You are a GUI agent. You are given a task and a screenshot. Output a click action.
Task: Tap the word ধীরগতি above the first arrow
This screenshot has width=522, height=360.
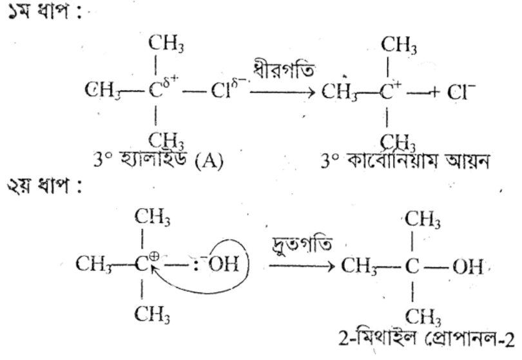click(284, 70)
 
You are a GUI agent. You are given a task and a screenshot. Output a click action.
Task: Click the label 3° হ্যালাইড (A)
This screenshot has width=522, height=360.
click(159, 161)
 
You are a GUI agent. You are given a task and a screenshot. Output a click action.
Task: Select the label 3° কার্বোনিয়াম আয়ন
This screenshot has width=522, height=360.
click(405, 161)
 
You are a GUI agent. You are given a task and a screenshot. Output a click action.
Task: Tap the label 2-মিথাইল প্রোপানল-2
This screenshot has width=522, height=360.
click(427, 339)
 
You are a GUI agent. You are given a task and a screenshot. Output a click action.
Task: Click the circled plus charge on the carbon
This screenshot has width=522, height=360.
click(154, 256)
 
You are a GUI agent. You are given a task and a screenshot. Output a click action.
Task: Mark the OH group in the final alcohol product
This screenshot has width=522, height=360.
click(467, 266)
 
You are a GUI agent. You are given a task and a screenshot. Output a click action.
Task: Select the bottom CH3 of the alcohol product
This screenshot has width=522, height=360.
click(423, 316)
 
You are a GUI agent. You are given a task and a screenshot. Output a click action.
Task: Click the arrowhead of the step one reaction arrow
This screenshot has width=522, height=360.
click(311, 93)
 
